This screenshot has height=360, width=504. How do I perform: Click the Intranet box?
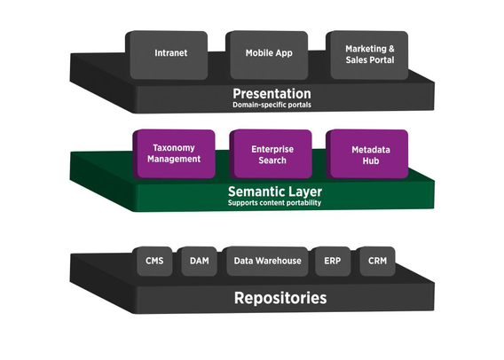[167, 55]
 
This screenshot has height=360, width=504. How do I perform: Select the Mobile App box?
[267, 55]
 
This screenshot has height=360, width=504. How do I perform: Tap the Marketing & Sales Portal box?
[367, 55]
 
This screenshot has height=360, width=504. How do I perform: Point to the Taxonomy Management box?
[174, 153]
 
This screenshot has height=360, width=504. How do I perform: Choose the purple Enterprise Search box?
[271, 153]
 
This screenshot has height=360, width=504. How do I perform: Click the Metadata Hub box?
[367, 153]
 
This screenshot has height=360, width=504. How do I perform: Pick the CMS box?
[153, 261]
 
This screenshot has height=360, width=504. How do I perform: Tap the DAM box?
[197, 261]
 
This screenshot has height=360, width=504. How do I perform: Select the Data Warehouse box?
[265, 261]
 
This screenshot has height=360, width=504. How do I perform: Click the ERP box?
[331, 261]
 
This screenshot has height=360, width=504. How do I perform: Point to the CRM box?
[375, 261]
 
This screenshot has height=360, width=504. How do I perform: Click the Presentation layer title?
[272, 93]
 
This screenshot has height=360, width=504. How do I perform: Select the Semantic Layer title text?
[275, 192]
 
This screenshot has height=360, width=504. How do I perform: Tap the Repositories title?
[280, 298]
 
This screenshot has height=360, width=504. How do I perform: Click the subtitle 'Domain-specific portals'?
[272, 105]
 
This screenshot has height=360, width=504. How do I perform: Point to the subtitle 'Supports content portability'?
[274, 203]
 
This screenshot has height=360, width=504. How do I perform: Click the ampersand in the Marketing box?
[391, 49]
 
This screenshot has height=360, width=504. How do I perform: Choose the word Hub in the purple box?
[371, 160]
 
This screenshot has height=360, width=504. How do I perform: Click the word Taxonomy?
[174, 148]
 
